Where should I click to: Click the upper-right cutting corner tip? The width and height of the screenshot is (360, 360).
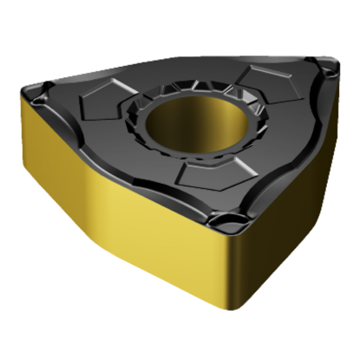click(x=333, y=62)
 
